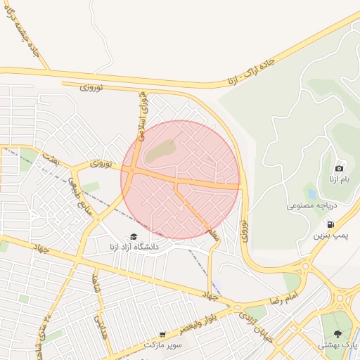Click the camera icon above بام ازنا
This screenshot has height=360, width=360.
(x=340, y=168)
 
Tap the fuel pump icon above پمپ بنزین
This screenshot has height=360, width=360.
(x=330, y=224)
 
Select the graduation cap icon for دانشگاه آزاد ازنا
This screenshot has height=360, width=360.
(x=133, y=237)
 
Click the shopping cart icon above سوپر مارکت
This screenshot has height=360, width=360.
(x=163, y=335)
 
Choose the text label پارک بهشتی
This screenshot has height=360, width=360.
(x=337, y=345)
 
